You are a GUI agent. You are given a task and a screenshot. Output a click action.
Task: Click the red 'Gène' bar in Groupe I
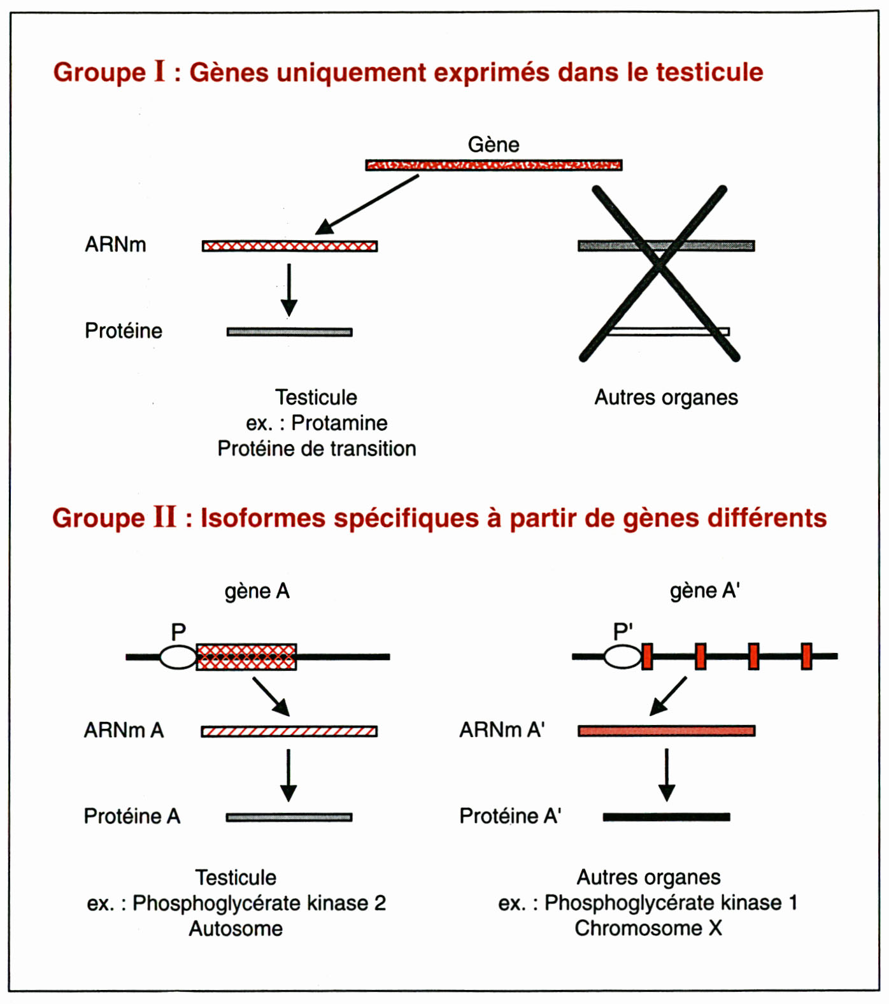point(494,165)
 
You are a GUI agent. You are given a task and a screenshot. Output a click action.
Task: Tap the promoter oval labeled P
point(178,657)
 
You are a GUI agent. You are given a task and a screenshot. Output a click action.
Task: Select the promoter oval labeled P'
point(623,656)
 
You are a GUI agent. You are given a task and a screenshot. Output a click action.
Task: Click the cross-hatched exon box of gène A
point(246,657)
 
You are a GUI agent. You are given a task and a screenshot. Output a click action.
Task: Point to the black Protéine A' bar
point(667,817)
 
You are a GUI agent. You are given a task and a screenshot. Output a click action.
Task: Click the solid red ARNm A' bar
point(667,731)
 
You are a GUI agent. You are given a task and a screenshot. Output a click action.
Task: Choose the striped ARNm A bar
point(289,731)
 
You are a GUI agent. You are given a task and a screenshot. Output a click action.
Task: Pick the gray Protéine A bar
point(289,817)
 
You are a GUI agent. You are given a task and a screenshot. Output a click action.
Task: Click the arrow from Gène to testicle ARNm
point(367,204)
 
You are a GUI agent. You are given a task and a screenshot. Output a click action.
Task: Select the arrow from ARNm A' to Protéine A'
point(667,775)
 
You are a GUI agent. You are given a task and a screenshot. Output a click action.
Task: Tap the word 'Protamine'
point(339,423)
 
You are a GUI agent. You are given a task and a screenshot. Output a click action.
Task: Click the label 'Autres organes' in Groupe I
point(666,398)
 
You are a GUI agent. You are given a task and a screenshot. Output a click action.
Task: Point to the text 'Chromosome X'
point(648,928)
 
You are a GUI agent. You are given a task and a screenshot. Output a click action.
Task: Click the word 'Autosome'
point(236,929)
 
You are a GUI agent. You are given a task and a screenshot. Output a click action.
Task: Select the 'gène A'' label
point(704,591)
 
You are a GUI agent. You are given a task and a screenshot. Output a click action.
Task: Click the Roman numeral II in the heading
point(164,517)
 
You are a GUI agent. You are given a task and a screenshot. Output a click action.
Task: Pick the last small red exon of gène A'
point(807,656)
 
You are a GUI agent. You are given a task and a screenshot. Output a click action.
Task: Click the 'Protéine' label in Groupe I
point(124,331)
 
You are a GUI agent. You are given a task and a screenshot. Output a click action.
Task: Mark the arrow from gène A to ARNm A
point(271,697)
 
